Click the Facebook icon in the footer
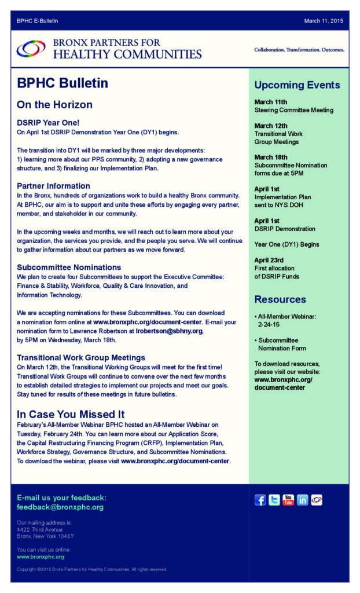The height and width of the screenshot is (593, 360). coord(260,500)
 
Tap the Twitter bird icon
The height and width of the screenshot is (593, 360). coord(274,500)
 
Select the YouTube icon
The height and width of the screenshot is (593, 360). coord(288,500)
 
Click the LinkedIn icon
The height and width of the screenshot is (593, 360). coord(302,500)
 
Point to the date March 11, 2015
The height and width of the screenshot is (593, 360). coord(324,21)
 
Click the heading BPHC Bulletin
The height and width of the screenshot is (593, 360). coord(63,83)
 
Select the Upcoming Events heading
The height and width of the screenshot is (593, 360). coord(297,85)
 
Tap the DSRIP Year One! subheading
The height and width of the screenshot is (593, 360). coord(48,123)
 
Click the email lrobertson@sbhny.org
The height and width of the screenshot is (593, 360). coord(169,331)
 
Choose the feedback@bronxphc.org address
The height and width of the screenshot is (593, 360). coord(60,507)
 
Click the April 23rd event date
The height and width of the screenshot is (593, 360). coord(270,260)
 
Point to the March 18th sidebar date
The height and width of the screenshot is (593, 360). coord(271,157)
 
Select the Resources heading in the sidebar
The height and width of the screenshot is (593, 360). coord(280,299)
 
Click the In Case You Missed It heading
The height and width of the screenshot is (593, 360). coord(71,414)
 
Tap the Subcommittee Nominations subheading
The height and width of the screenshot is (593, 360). coord(69,267)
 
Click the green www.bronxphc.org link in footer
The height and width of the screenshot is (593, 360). coord(41,557)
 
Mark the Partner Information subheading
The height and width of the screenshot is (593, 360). coord(53,186)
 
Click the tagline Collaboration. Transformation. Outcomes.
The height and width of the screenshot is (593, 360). coord(299,50)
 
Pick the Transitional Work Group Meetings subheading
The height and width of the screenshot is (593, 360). coord(81,357)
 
